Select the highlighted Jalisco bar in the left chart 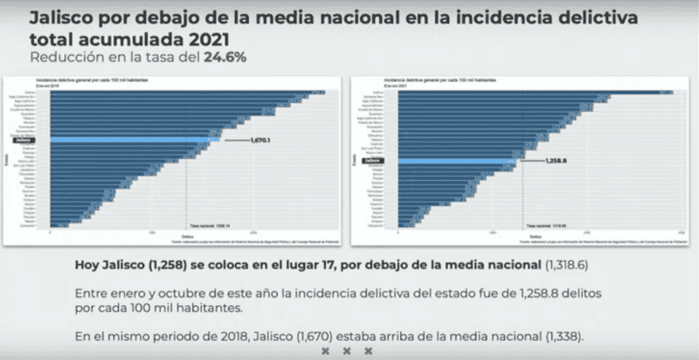pos(131,139)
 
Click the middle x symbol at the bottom pos(347,350)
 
